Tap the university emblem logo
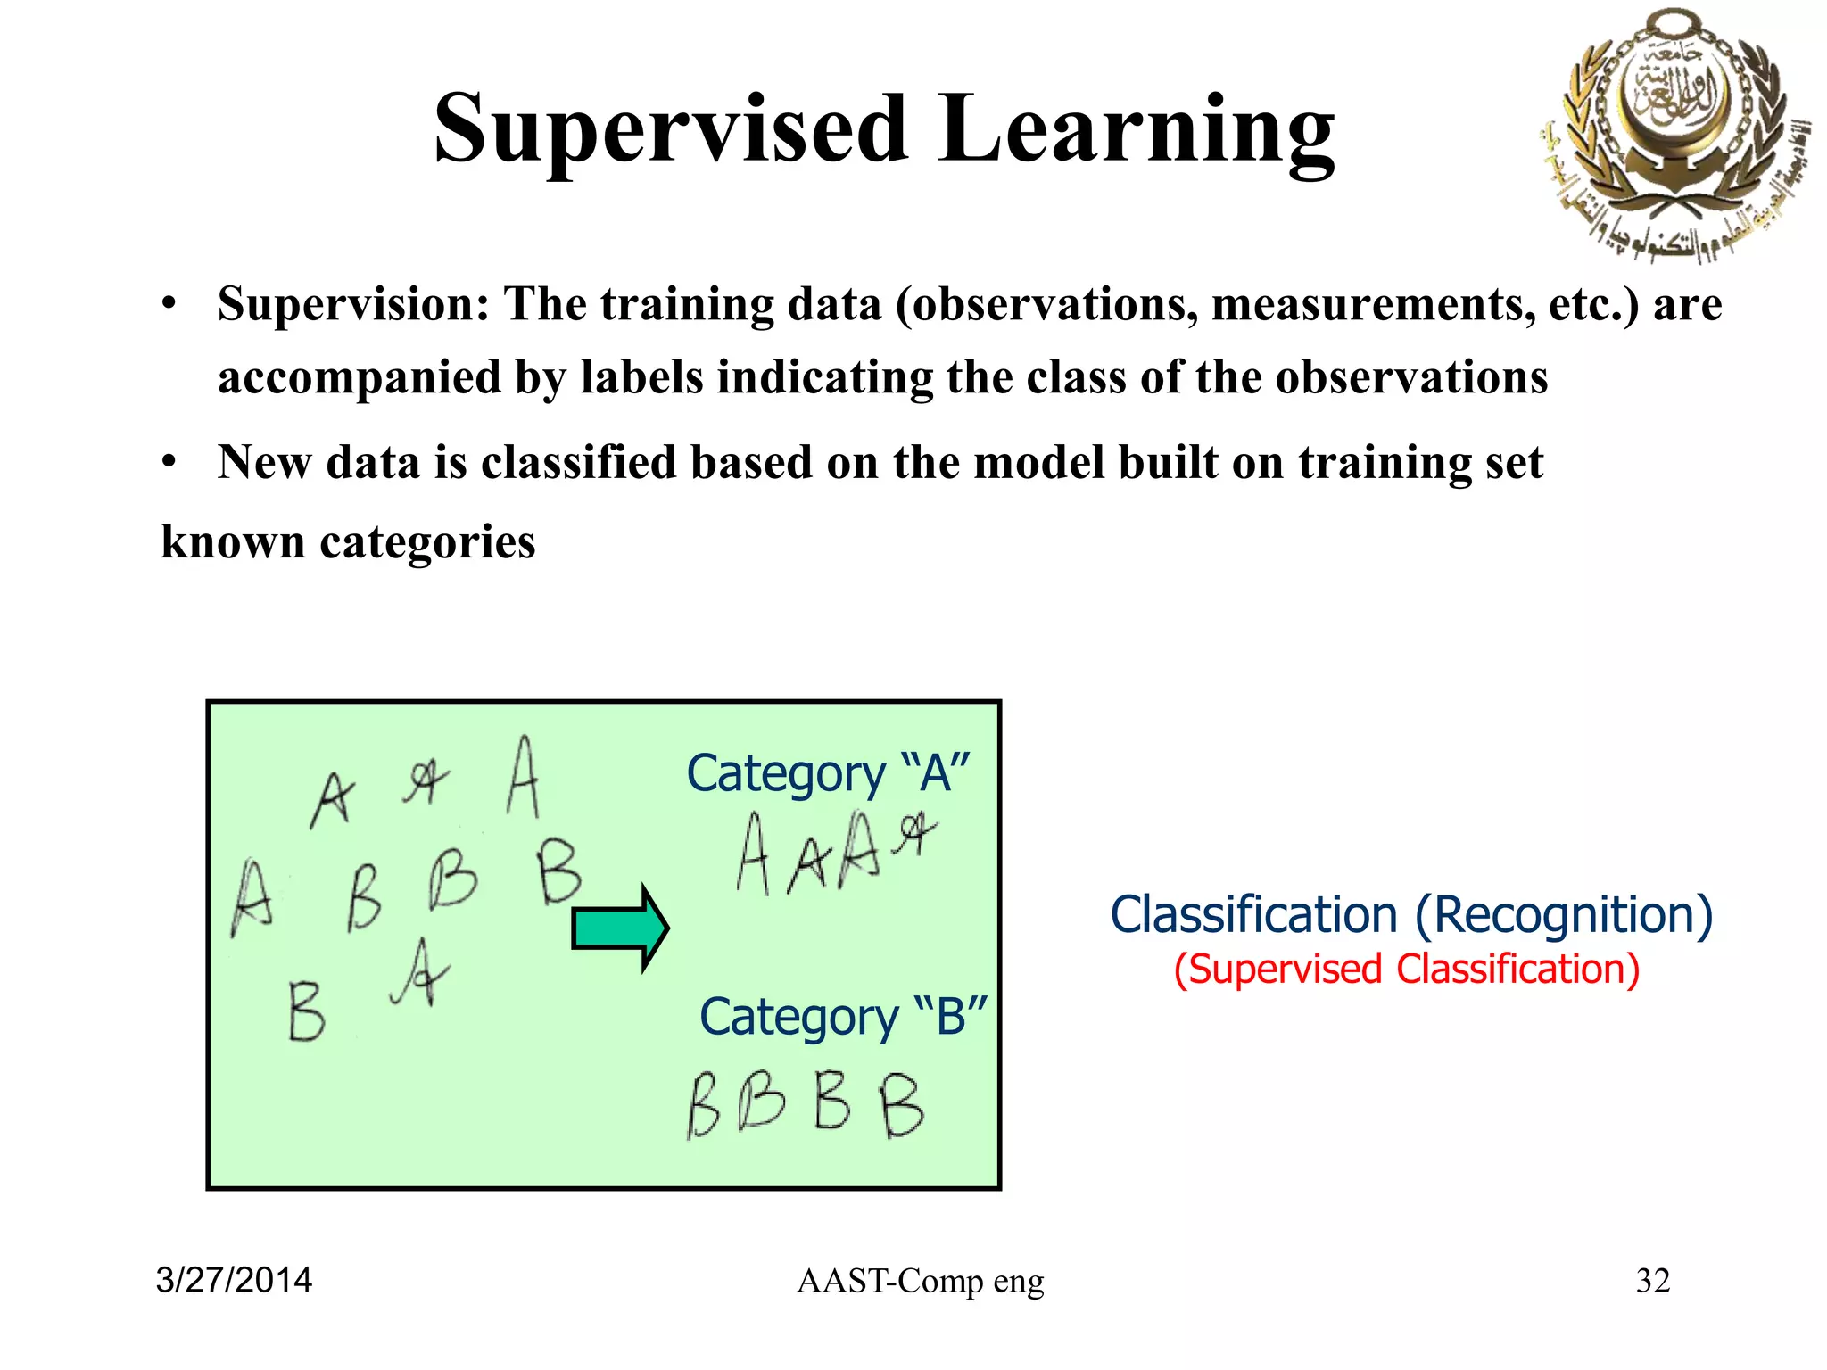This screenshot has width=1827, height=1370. (x=1674, y=134)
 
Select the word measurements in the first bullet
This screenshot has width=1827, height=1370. (x=1373, y=304)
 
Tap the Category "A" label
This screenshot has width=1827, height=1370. (x=828, y=772)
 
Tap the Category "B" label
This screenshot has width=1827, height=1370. (x=843, y=1016)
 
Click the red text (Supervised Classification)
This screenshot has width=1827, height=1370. (x=1407, y=970)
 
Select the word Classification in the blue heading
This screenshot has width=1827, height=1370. (x=1253, y=915)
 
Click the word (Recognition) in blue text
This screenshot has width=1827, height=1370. (x=1564, y=915)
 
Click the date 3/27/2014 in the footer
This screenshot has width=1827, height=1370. (x=234, y=1280)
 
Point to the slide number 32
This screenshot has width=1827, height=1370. (x=1652, y=1280)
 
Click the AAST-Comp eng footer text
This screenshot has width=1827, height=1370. (x=920, y=1281)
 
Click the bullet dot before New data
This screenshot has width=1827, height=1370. (x=169, y=463)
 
